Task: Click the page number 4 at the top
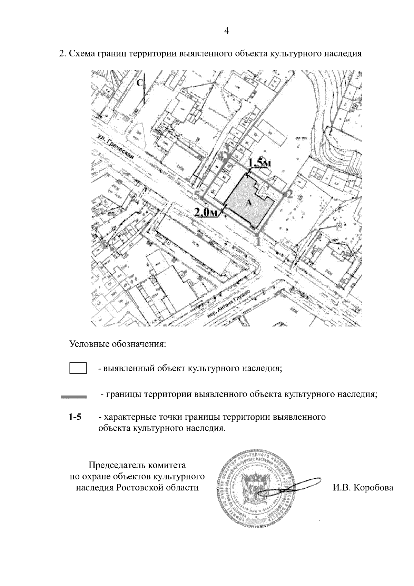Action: coord(227,31)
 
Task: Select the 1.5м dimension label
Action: coord(260,163)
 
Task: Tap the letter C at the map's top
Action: coord(140,83)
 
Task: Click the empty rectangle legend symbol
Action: coord(78,368)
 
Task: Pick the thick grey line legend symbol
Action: coord(74,397)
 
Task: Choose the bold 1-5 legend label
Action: coord(75,417)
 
